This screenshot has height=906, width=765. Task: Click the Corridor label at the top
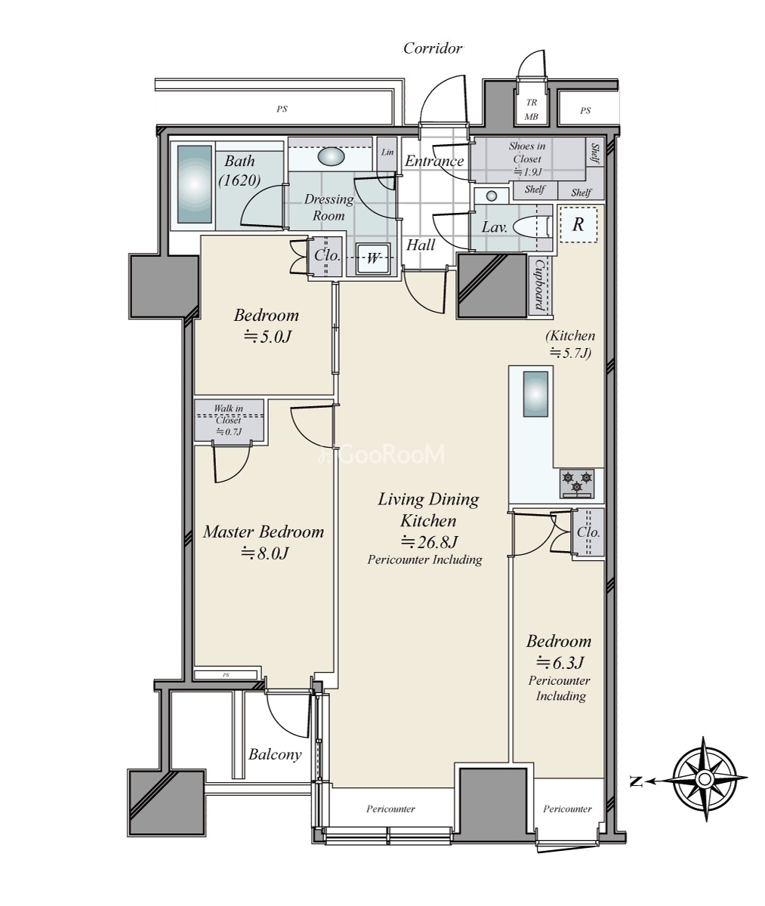[433, 48]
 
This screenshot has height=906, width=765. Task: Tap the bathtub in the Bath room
[195, 184]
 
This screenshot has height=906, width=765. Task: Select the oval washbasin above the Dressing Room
[331, 156]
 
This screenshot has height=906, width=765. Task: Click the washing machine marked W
[372, 259]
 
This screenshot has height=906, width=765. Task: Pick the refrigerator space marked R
[578, 224]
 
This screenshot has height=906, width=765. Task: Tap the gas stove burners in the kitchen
[577, 483]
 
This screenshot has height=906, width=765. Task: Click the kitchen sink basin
[535, 394]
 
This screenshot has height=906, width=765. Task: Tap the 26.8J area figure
[429, 541]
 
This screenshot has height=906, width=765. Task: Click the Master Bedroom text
[264, 532]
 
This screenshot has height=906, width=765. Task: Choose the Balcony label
[275, 754]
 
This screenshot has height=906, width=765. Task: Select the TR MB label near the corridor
[532, 109]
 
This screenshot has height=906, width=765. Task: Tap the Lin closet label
[387, 152]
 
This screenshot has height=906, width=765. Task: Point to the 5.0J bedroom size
[267, 337]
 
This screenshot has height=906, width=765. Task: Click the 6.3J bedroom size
[560, 662]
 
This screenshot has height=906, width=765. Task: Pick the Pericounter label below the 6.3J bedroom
[567, 809]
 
